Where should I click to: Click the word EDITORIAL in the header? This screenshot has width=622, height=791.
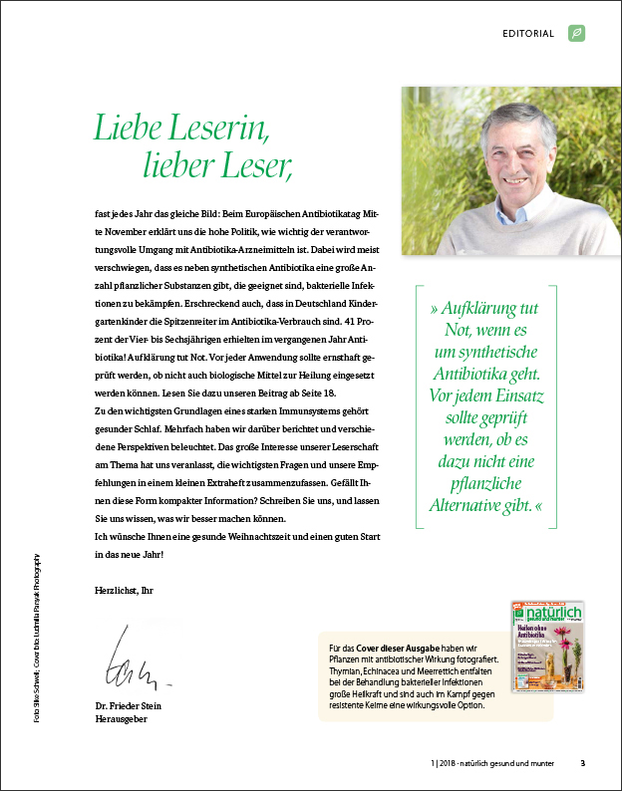[528, 33]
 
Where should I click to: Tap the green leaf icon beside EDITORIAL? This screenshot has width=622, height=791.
[576, 33]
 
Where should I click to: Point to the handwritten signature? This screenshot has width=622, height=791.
[139, 658]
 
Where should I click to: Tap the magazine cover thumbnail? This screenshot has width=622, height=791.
[547, 646]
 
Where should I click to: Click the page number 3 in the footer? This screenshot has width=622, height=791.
[583, 764]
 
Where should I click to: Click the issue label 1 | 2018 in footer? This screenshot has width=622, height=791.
[437, 764]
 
